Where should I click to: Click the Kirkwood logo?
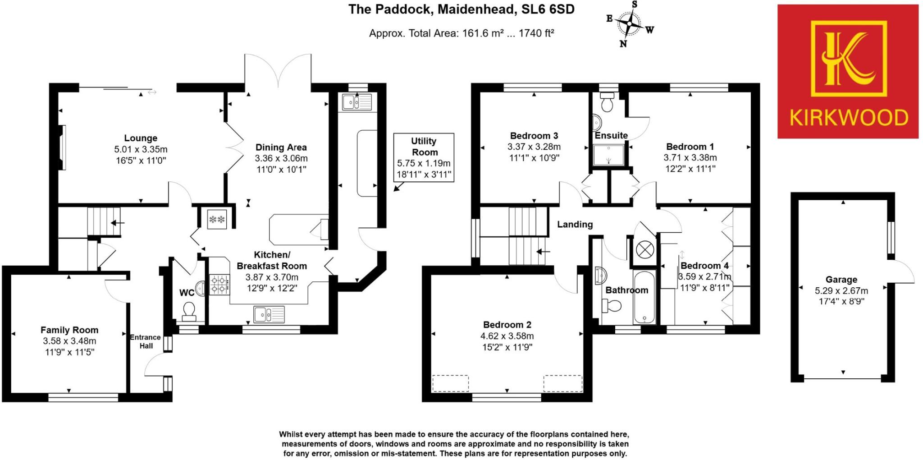click(x=848, y=71)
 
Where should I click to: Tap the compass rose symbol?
click(x=629, y=24)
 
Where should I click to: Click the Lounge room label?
click(x=141, y=138)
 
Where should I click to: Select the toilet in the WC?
click(x=189, y=310)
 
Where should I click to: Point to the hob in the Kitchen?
click(x=219, y=285)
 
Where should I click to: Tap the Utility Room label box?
click(x=424, y=157)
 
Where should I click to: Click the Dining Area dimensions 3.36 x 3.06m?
click(x=281, y=158)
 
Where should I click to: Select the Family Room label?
click(x=69, y=330)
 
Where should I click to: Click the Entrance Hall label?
click(x=145, y=341)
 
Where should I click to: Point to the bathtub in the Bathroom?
click(x=644, y=297)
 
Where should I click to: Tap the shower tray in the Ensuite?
click(x=608, y=155)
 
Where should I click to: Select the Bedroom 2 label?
click(x=507, y=325)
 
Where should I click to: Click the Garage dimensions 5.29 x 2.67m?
click(x=841, y=291)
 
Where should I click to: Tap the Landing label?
click(x=575, y=224)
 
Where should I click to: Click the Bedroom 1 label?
click(x=690, y=147)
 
